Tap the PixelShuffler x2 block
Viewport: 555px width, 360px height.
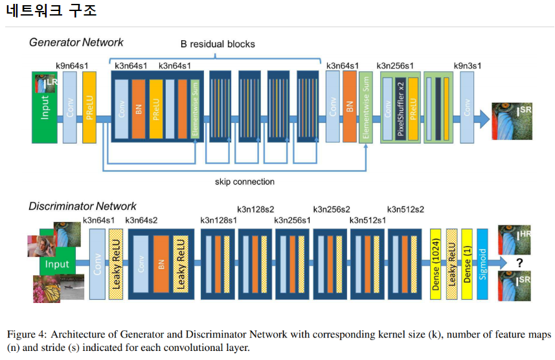pyautogui.click(x=400, y=106)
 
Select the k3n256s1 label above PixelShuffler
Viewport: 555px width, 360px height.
pyautogui.click(x=394, y=65)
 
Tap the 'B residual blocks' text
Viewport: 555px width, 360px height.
pyautogui.click(x=218, y=45)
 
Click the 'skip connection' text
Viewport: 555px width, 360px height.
pyautogui.click(x=244, y=181)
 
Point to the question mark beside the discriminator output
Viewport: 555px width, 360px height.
pyautogui.click(x=519, y=263)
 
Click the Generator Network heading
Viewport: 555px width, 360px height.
pyautogui.click(x=76, y=43)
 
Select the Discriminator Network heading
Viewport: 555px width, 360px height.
pyautogui.click(x=82, y=207)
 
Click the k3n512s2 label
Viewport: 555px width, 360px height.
pyautogui.click(x=405, y=209)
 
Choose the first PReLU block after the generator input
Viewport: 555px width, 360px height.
pyautogui.click(x=89, y=106)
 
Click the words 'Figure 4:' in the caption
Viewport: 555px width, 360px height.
pyautogui.click(x=27, y=335)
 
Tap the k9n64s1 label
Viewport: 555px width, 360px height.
pyautogui.click(x=73, y=65)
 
